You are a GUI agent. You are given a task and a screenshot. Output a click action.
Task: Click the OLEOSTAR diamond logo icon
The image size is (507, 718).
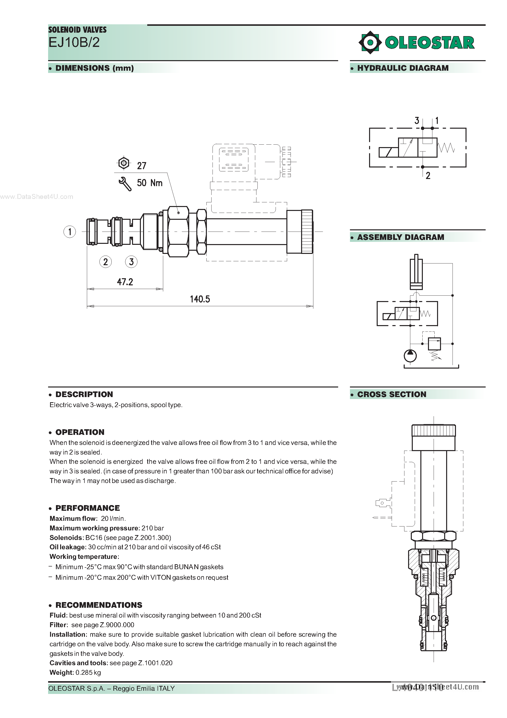370,42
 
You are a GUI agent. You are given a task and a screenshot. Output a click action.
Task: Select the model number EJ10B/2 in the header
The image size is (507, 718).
74,42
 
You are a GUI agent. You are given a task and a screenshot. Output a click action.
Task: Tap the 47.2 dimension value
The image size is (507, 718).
125,282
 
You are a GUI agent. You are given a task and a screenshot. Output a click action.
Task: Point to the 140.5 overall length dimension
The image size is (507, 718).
200,299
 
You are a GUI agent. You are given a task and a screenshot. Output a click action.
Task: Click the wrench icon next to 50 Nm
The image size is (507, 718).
125,184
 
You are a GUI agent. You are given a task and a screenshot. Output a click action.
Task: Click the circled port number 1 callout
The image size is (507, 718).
69,232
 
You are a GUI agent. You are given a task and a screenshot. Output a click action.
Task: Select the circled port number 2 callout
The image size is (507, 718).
105,262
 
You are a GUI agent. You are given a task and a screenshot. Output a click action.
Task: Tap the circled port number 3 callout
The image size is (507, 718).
131,262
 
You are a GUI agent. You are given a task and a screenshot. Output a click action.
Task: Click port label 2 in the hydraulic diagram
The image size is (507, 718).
428,176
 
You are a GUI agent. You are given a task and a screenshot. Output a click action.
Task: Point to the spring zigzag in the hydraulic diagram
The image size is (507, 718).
446,148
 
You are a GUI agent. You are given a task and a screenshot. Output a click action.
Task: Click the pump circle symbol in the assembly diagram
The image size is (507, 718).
410,356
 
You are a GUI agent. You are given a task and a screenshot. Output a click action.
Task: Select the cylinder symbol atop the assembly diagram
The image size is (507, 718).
416,272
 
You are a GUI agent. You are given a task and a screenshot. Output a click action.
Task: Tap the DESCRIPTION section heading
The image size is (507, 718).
84,394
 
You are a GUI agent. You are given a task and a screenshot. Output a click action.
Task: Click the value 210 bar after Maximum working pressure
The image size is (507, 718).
153,528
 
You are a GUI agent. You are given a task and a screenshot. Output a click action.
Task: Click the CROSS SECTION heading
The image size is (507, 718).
392,394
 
